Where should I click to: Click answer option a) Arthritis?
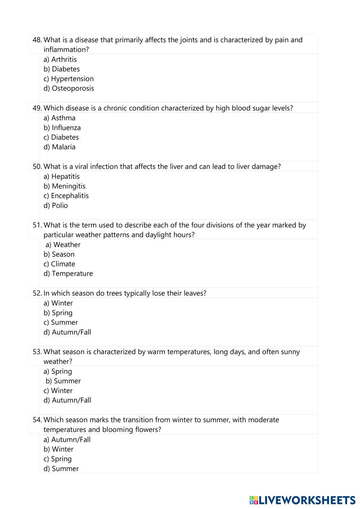[x=60, y=59]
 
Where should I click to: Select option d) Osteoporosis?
[x=69, y=88]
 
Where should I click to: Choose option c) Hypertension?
[x=69, y=78]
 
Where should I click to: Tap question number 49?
[x=37, y=108]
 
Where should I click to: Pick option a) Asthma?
[x=60, y=118]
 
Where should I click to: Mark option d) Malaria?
[x=60, y=147]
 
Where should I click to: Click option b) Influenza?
[x=62, y=127]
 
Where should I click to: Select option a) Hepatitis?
[x=62, y=176]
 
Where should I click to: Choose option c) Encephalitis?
[x=66, y=196]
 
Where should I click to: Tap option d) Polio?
[x=56, y=206]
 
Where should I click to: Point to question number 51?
[x=37, y=225]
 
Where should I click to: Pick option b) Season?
[x=59, y=254]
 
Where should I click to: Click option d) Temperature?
[x=68, y=274]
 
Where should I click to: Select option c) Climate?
[x=59, y=264]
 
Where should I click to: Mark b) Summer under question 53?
[x=63, y=381]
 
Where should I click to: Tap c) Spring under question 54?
[x=58, y=459]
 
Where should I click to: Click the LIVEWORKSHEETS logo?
[x=302, y=500]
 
